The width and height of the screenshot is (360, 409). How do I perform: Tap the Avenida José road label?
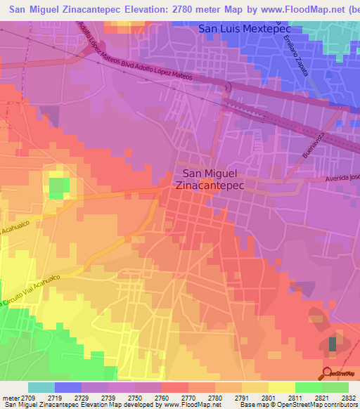click(x=342, y=178)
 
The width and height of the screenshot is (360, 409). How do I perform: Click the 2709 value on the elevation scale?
click(x=26, y=398)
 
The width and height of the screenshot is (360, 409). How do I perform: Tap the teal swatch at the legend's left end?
click(x=41, y=387)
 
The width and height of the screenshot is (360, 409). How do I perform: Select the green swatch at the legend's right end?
click(x=335, y=387)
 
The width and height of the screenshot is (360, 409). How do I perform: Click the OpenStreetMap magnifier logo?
click(x=327, y=372)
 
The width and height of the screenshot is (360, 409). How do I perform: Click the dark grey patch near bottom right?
click(x=333, y=344)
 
